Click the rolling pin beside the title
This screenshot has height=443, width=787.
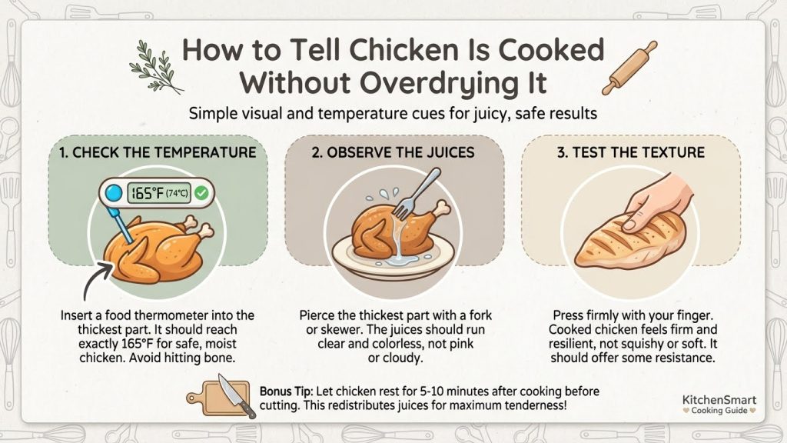(x=629, y=68)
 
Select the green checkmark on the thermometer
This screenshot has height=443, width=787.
(x=202, y=193)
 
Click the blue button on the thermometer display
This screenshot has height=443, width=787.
(x=114, y=193)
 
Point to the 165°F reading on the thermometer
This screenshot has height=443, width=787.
(x=147, y=193)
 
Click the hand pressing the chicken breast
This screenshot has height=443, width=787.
(x=657, y=201)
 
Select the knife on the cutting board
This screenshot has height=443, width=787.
(x=236, y=396)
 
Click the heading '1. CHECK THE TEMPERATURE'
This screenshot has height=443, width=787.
(x=158, y=153)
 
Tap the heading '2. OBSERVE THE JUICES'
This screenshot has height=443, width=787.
(x=393, y=153)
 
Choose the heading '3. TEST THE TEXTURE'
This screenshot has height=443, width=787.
(x=631, y=153)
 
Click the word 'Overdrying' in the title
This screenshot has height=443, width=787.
(x=435, y=83)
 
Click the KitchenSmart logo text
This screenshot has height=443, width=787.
(x=719, y=400)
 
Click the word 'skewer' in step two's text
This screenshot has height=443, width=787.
(x=340, y=330)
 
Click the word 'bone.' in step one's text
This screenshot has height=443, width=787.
(x=220, y=358)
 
